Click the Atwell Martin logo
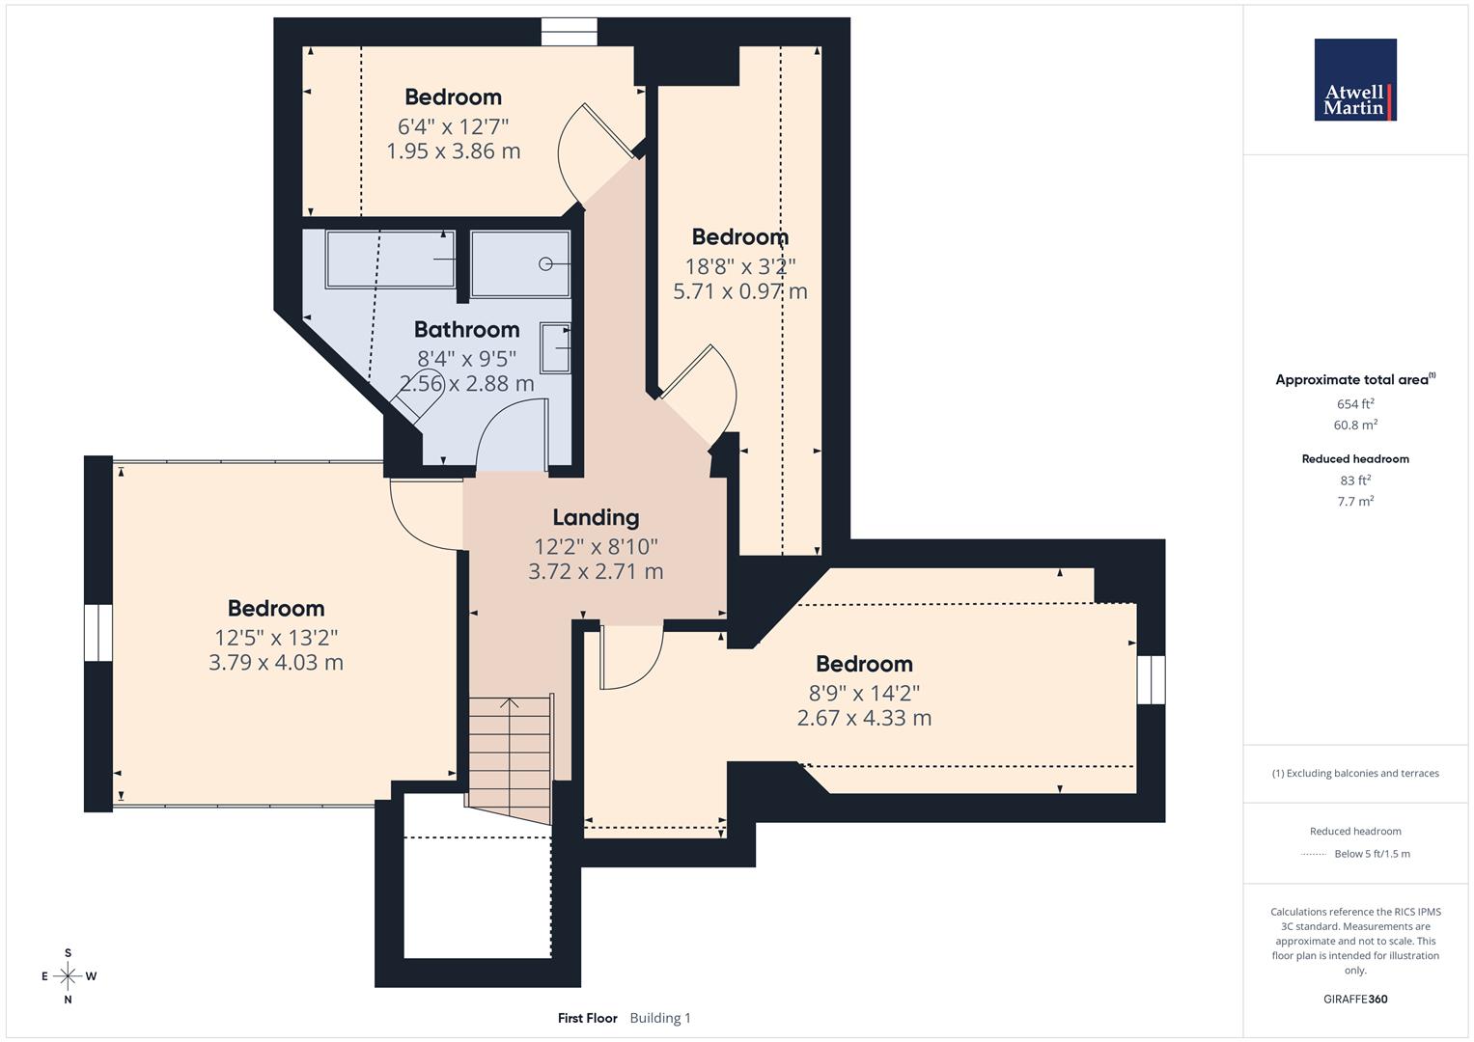coord(1355,80)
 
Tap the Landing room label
coord(596,518)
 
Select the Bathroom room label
coord(466,330)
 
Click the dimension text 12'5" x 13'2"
coord(276,637)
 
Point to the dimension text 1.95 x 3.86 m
coord(453,151)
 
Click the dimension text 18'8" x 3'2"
coord(739,265)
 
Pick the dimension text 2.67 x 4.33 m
coord(864,718)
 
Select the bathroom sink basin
coord(555,347)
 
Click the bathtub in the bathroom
coord(390,259)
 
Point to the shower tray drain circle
coord(545,263)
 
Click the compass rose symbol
coord(68,976)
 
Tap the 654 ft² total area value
coord(1355,404)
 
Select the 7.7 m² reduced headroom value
coord(1355,501)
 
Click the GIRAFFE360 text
coord(1355,999)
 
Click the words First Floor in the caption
coord(587,1018)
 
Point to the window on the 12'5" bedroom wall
coord(98,633)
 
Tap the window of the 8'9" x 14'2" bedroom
coord(1151,679)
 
